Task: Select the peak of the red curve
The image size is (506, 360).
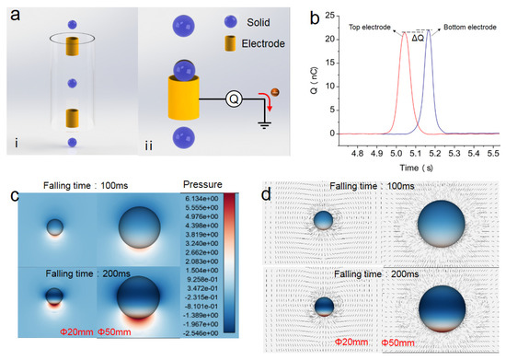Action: [406, 33]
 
